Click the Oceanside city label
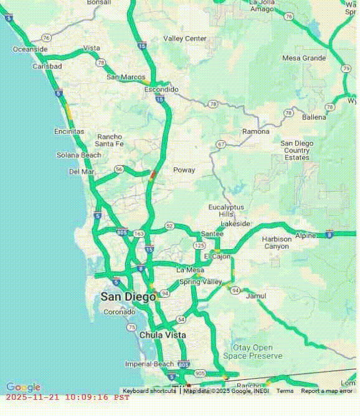(x=31, y=49)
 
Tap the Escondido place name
(x=161, y=90)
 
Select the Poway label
(x=184, y=170)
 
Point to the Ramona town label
(x=256, y=131)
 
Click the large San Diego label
(x=128, y=297)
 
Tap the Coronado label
(x=119, y=312)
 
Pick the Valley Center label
(x=185, y=39)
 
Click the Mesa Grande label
(x=304, y=58)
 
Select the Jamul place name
(x=256, y=297)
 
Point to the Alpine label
(x=305, y=236)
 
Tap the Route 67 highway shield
(x=221, y=144)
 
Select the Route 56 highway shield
(x=118, y=169)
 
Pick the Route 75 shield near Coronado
(x=131, y=327)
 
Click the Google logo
(x=23, y=387)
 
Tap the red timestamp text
(x=67, y=397)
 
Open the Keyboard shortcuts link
(x=149, y=391)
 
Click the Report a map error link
(x=326, y=391)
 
